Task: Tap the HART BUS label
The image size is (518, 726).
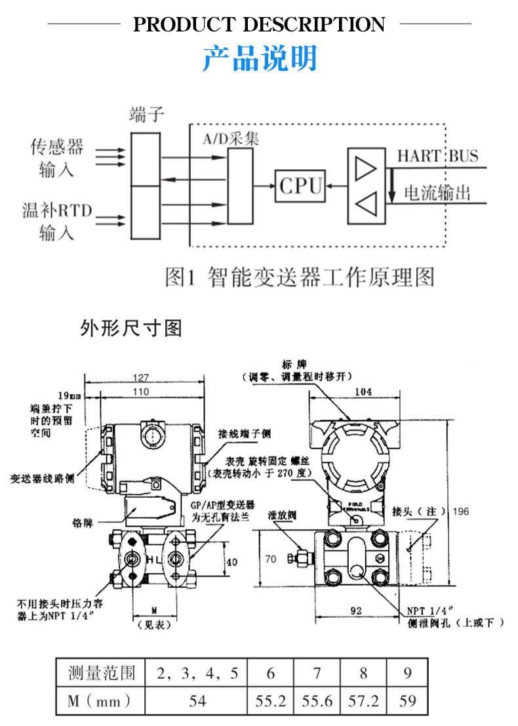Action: [437, 156]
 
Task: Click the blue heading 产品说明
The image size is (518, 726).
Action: [259, 58]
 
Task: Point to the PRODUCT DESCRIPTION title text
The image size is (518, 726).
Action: [259, 24]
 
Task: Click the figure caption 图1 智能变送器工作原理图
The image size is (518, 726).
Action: [300, 277]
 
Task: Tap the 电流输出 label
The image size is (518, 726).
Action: [437, 193]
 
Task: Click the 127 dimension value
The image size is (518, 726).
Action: [141, 378]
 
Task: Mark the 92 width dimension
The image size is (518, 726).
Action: [356, 611]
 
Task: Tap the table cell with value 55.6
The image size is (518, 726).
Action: [317, 700]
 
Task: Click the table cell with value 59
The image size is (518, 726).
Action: [407, 700]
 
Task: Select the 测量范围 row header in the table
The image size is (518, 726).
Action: [101, 672]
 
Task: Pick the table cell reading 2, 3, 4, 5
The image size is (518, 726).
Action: [197, 672]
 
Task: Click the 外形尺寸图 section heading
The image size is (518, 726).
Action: [130, 328]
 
